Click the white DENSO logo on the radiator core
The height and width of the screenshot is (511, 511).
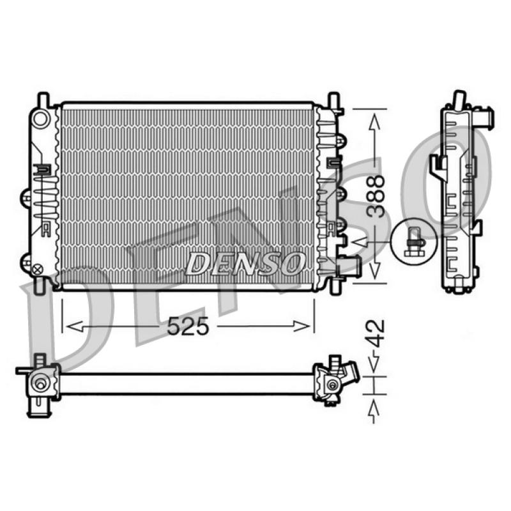point(245,263)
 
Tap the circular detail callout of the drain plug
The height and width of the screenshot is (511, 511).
point(413,241)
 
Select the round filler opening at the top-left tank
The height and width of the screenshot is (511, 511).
point(41,119)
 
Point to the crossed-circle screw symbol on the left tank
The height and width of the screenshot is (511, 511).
point(38,269)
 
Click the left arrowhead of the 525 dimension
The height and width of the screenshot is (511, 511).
point(74,326)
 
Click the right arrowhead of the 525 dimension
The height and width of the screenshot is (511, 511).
point(301,326)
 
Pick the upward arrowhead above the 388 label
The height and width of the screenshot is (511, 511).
point(375,122)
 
